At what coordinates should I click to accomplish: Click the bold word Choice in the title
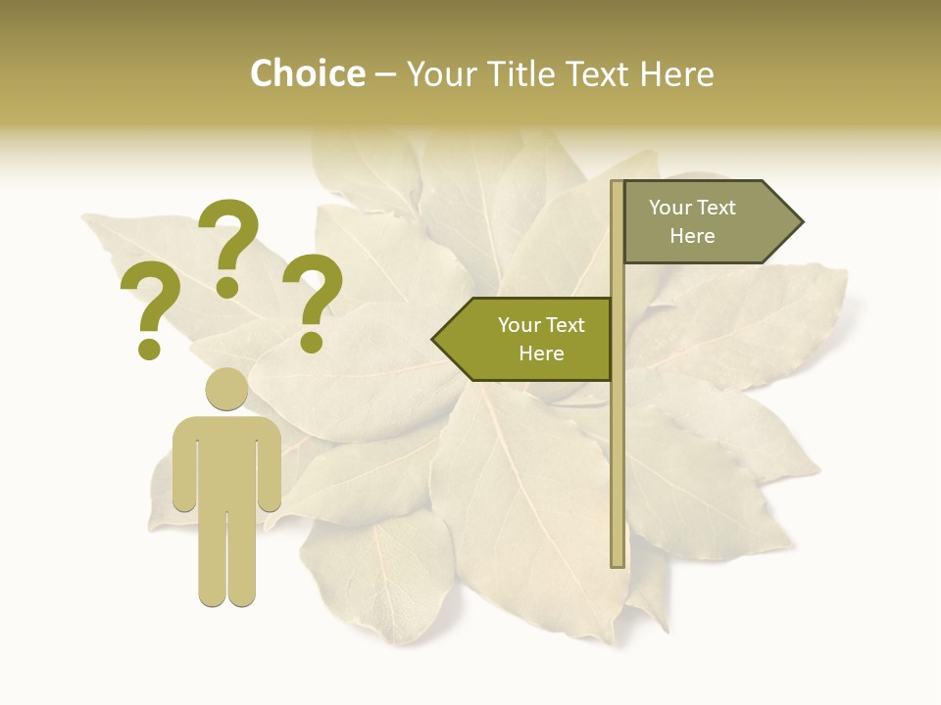[307, 74]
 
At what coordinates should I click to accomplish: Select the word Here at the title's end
[676, 74]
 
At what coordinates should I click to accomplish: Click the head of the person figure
[226, 390]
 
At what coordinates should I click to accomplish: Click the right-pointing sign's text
[692, 221]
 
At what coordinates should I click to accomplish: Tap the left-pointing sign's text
[540, 339]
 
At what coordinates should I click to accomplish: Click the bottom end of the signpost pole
[618, 562]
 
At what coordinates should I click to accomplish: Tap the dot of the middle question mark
[227, 286]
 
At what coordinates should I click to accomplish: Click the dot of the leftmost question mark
[149, 349]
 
